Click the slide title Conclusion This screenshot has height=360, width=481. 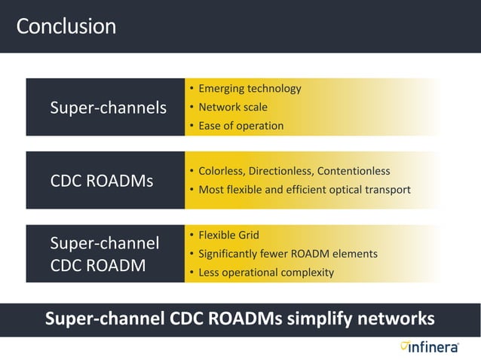tap(66, 26)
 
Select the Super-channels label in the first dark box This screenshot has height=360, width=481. tap(108, 108)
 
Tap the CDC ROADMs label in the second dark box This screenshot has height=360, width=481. tap(101, 181)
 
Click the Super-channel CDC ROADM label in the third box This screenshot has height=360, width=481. tap(104, 254)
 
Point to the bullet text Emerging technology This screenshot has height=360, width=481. tap(250, 89)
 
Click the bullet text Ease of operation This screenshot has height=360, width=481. tap(240, 126)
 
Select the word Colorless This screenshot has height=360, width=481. tap(222, 171)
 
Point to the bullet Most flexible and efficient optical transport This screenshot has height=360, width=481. tap(304, 189)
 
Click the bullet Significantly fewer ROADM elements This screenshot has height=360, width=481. tap(287, 254)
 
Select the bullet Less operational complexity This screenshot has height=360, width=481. tap(265, 272)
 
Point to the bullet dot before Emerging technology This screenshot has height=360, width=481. tap(191, 89)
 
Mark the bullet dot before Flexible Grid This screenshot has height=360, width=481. tap(191, 235)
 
